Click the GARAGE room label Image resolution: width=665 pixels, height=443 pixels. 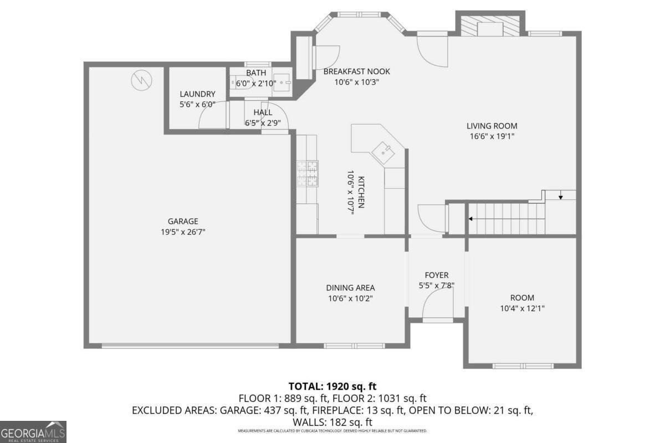point(183,221)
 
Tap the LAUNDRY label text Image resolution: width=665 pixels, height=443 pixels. point(197,94)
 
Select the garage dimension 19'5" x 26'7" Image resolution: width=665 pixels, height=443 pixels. point(183,232)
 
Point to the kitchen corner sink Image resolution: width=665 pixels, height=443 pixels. point(382,150)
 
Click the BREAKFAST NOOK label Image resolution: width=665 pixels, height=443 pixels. point(356,71)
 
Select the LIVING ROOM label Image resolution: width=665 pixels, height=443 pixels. point(492,126)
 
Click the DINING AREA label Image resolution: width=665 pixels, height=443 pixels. point(350,287)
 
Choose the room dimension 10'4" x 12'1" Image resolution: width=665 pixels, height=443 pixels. point(522,308)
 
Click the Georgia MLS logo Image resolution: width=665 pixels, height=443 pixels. point(33,431)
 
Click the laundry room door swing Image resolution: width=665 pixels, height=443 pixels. point(212,116)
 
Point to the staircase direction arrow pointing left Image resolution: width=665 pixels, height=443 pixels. point(470,219)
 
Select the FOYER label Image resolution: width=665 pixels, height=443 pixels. point(436,275)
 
